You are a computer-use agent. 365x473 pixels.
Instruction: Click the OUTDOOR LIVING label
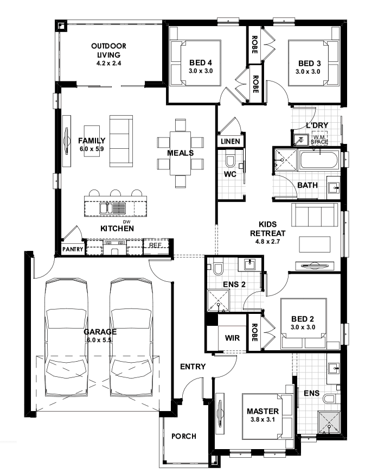(108, 51)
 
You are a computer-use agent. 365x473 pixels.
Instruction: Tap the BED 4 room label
(201, 63)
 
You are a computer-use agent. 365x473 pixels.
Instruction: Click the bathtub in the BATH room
(318, 160)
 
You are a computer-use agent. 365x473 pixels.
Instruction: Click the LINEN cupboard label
(230, 141)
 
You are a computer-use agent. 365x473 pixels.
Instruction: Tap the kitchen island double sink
(113, 209)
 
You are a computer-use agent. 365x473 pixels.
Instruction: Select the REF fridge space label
(156, 245)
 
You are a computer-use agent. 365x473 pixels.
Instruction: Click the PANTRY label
(73, 249)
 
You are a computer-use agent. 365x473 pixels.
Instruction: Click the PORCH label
(184, 436)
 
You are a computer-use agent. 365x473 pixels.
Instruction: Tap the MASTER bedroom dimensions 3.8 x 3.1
(262, 420)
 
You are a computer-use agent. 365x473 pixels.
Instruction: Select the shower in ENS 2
(217, 300)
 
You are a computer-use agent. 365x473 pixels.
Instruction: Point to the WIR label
(232, 338)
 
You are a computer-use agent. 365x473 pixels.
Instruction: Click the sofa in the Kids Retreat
(315, 215)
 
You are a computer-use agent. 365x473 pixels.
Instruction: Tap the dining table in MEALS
(180, 153)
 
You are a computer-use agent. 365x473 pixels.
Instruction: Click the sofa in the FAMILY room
(121, 141)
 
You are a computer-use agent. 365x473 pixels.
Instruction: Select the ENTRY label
(193, 367)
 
